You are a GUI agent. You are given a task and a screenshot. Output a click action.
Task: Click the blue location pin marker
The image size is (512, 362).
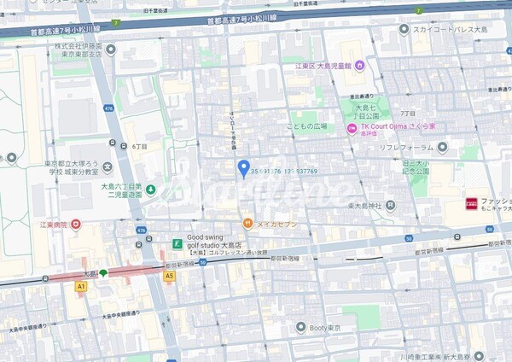tap(243, 167)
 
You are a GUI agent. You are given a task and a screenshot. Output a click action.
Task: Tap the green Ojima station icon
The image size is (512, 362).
tap(102, 273)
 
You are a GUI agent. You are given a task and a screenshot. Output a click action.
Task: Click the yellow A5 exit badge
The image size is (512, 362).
tap(169, 276)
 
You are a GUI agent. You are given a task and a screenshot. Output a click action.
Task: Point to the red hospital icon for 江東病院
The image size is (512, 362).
tap(75, 225)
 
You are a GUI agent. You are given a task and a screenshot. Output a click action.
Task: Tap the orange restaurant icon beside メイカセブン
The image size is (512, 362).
tap(247, 224)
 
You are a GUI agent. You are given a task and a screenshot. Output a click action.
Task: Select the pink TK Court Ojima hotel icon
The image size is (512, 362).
tap(351, 128)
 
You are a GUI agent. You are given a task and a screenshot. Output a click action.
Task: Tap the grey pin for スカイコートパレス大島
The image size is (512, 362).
tap(404, 29)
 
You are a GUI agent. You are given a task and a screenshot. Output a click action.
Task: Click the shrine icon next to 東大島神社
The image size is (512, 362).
tap(390, 205)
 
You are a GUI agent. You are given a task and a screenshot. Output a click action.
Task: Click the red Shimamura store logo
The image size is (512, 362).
tap(471, 204)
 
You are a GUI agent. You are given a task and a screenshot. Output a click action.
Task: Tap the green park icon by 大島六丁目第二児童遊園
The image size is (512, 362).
tap(150, 189)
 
